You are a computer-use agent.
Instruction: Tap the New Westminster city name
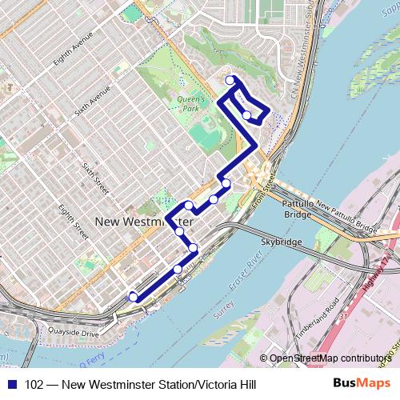144,221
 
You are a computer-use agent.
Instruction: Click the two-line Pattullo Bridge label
298,210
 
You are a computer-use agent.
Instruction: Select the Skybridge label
279,241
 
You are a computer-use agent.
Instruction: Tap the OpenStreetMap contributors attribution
328,358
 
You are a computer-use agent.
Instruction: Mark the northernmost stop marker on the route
230,80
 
